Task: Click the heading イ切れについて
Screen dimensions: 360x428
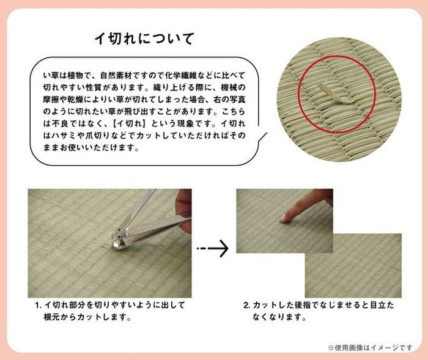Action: click(x=142, y=39)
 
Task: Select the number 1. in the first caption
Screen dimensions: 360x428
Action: click(x=39, y=304)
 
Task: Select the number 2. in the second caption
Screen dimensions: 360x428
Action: click(x=247, y=304)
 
